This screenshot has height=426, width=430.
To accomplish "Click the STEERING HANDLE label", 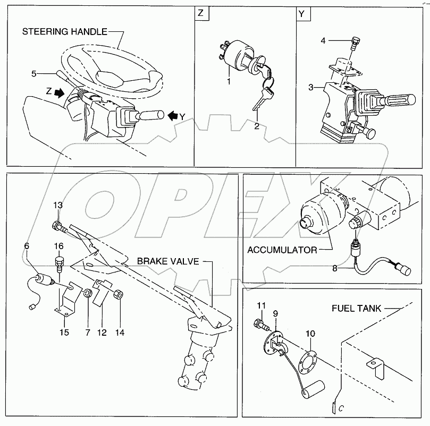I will pyautogui.click(x=64, y=32).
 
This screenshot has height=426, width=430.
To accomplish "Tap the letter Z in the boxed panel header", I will pyautogui.click(x=200, y=14).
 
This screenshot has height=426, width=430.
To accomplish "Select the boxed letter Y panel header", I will pyautogui.click(x=301, y=14).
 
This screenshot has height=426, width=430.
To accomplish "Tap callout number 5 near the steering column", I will pyautogui.click(x=34, y=73).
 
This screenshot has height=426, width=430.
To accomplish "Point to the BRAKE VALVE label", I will pyautogui.click(x=167, y=261).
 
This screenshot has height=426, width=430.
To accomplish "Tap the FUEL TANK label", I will pyautogui.click(x=357, y=308).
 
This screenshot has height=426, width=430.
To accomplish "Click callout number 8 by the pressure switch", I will pyautogui.click(x=335, y=269).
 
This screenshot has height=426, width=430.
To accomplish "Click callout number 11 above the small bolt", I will pyautogui.click(x=261, y=305).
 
